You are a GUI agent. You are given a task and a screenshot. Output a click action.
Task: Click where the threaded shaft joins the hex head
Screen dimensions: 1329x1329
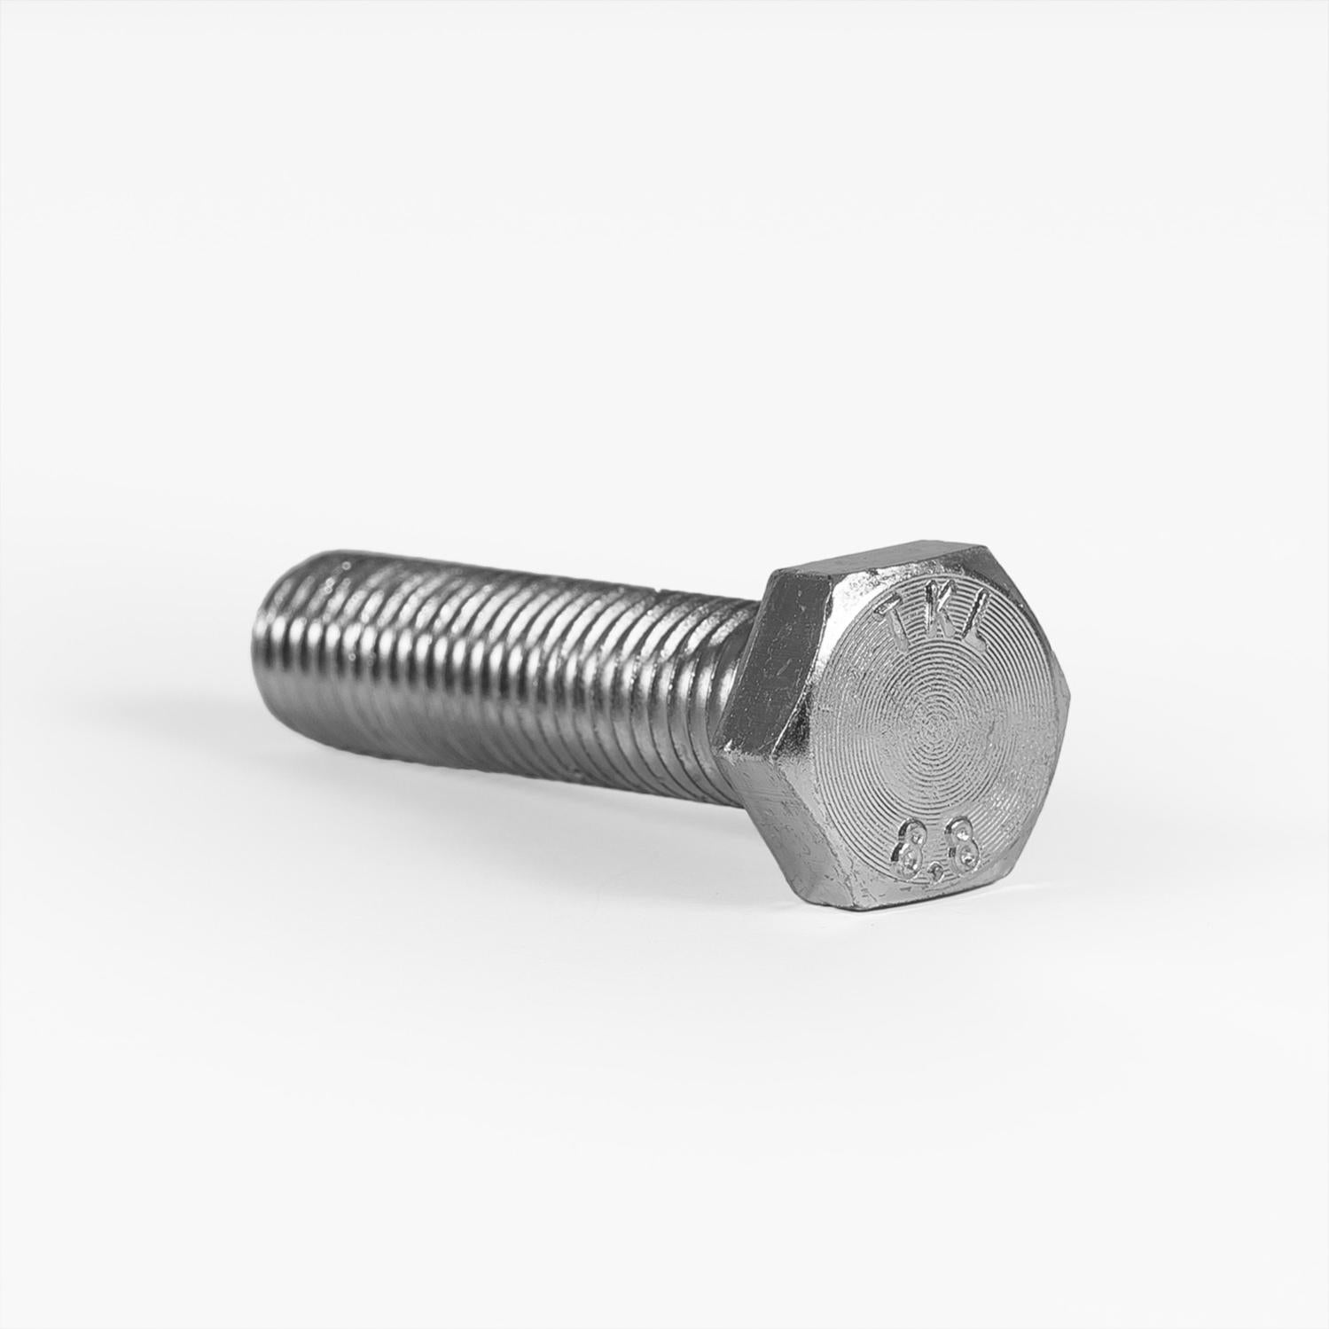(x=740, y=674)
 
